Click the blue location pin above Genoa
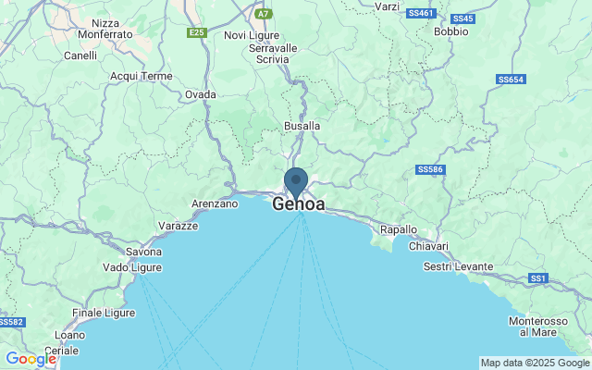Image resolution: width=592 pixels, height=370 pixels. coord(296,180)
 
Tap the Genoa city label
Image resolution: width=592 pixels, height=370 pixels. coord(299,204)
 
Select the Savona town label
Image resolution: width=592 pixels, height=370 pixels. coord(143,252)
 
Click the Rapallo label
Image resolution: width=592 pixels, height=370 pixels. coord(399,229)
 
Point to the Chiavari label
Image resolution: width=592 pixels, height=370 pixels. coord(428,247)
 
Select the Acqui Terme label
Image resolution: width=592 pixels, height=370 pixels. coord(142,76)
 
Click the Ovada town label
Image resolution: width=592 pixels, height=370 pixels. coord(201,94)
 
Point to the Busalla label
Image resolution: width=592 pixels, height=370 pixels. coord(302,125)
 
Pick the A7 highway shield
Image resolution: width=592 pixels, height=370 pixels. coord(264,14)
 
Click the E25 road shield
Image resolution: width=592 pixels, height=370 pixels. coord(196,32)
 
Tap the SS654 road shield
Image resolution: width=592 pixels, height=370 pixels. coord(510,80)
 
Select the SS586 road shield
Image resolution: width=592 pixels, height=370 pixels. coord(430,169)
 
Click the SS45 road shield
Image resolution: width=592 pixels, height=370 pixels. coord(463,18)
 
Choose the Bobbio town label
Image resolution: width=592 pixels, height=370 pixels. coord(450,31)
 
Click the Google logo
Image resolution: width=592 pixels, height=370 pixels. coord(31,359)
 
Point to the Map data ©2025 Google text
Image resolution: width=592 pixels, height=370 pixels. coord(535,362)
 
